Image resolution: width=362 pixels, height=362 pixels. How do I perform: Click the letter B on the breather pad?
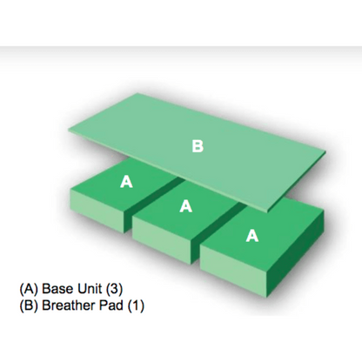tap(198, 146)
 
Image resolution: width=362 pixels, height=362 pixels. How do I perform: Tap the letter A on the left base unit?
tap(126, 182)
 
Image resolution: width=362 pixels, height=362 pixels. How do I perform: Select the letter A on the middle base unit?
tap(185, 206)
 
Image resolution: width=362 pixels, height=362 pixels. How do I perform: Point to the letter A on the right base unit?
tap(252, 235)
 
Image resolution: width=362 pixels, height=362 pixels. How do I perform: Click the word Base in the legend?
tap(57, 289)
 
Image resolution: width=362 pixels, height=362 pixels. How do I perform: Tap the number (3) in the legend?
tap(114, 289)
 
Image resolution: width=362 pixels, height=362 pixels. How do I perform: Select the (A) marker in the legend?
tap(29, 289)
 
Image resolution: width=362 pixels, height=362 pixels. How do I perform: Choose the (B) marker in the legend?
tap(29, 305)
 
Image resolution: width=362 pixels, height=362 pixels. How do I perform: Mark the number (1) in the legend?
tap(136, 305)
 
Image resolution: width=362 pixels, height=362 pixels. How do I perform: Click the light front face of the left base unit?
tap(98, 210)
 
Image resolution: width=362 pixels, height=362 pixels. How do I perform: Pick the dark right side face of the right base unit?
tap(295, 252)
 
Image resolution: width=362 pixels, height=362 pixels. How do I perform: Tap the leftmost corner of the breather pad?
tap(69, 131)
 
